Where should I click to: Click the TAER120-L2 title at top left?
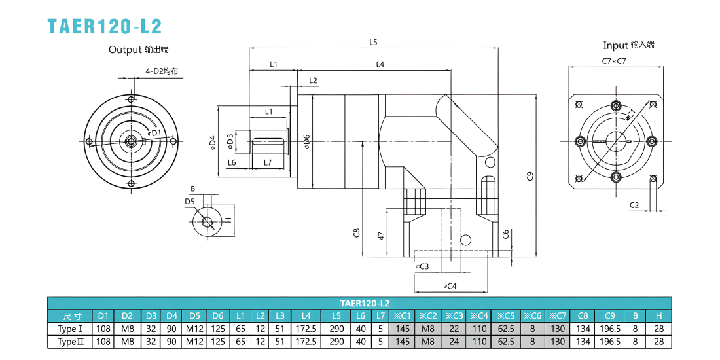click(105, 26)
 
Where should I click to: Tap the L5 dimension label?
click(373, 43)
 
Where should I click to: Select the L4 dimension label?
click(380, 65)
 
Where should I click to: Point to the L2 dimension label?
click(313, 81)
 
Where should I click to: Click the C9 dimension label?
click(530, 176)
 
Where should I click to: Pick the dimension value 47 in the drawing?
click(381, 236)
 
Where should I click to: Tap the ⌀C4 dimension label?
click(450, 286)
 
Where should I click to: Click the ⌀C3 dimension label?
click(422, 266)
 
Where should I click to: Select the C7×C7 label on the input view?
click(615, 61)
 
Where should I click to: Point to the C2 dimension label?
click(634, 206)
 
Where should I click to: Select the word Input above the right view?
click(615, 45)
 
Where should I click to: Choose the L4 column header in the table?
click(306, 316)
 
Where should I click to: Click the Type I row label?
click(70, 329)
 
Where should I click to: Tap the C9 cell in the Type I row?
click(610, 329)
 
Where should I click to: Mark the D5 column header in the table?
click(194, 316)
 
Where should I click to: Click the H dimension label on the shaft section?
click(228, 219)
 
